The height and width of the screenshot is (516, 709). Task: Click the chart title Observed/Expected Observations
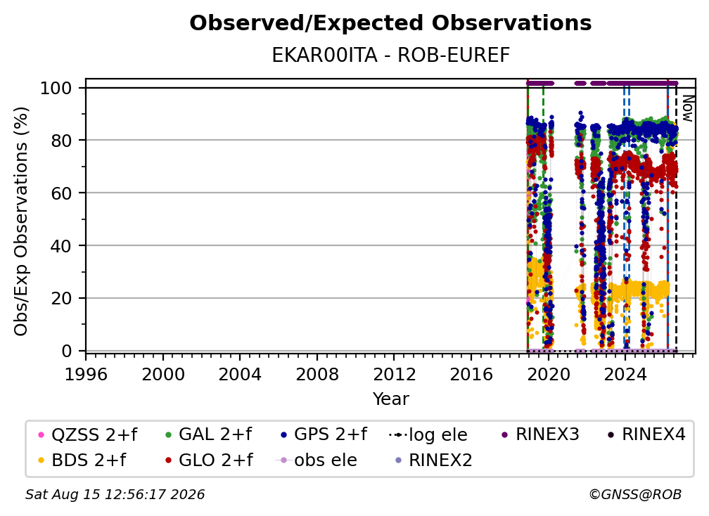point(390,23)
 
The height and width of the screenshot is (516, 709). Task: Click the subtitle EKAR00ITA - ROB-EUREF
point(390,56)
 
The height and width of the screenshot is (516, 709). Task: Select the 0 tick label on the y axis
point(67,351)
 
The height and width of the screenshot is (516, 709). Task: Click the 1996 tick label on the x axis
point(86,374)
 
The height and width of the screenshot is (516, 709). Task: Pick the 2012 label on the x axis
point(394,374)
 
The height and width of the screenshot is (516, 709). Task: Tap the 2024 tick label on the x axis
point(625,374)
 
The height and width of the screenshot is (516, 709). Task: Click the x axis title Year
point(390,399)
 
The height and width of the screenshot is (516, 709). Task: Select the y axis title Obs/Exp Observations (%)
point(21,221)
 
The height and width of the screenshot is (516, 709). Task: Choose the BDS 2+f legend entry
point(82,460)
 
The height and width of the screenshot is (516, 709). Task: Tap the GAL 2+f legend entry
point(208,434)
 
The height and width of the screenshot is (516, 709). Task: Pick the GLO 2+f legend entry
point(209,460)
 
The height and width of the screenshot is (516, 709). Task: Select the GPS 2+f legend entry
point(324,434)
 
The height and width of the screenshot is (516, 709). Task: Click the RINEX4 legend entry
point(646,434)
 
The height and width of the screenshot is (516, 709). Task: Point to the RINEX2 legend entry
point(433,460)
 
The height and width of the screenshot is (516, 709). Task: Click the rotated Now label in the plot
point(687,108)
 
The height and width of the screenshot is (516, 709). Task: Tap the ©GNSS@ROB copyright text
point(635,495)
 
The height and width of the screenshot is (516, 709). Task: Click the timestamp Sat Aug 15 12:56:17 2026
point(115,495)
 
